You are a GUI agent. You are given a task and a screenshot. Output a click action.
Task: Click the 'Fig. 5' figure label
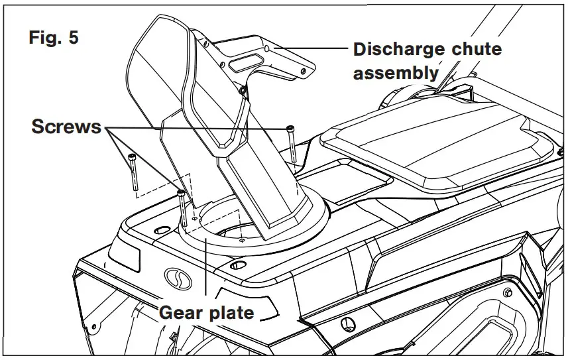53,38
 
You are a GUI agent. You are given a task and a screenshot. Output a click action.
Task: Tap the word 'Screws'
66,127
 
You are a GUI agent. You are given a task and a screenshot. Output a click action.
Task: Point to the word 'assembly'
395,72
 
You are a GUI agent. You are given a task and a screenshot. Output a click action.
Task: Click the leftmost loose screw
133,171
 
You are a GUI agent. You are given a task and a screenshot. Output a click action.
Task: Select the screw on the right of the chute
291,143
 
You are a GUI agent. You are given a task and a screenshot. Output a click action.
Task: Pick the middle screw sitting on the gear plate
181,207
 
